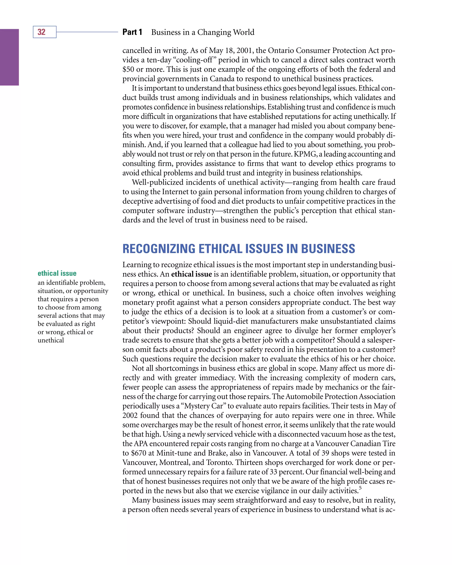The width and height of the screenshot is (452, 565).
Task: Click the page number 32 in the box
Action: (x=41, y=32)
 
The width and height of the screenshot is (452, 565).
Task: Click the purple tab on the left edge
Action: (x=9, y=57)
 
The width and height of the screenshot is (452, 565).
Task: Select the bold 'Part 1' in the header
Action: (x=132, y=32)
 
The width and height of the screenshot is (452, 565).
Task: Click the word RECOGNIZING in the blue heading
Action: (x=159, y=249)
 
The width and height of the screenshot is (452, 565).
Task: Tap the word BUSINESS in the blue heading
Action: (x=328, y=249)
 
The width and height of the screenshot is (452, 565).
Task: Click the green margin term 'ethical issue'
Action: (x=57, y=273)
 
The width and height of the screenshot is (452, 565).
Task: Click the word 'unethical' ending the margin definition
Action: (x=51, y=340)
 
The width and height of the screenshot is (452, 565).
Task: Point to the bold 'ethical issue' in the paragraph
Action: (x=191, y=274)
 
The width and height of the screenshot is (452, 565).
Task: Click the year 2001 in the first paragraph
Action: (x=245, y=51)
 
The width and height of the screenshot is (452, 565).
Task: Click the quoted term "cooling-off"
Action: (x=195, y=60)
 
